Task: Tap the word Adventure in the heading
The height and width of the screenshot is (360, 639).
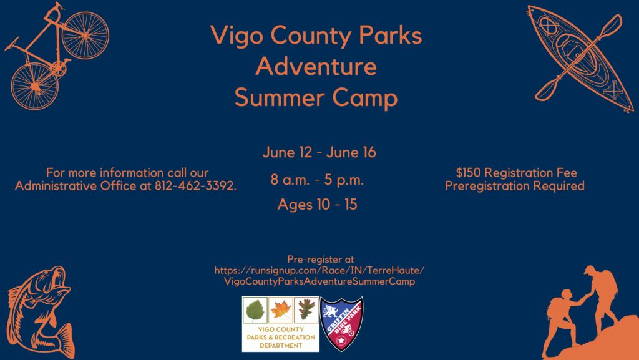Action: (x=316, y=66)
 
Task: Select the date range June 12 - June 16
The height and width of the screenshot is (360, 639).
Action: (x=319, y=152)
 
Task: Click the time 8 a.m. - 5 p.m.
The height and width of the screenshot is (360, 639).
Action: (x=317, y=180)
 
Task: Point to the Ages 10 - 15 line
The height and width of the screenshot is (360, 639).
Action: (x=317, y=205)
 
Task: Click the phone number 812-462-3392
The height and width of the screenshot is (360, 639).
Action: (x=195, y=186)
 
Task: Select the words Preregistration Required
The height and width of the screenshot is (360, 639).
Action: (x=515, y=186)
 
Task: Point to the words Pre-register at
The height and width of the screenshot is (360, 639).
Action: (x=320, y=260)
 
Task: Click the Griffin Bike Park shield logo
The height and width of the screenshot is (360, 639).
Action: (x=341, y=324)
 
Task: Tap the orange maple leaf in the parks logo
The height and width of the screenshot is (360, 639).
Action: (x=281, y=310)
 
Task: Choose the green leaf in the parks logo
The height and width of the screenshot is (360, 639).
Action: (x=255, y=310)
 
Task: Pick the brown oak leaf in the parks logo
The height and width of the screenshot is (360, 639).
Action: (x=306, y=310)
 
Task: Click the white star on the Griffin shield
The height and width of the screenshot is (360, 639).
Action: (x=341, y=340)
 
